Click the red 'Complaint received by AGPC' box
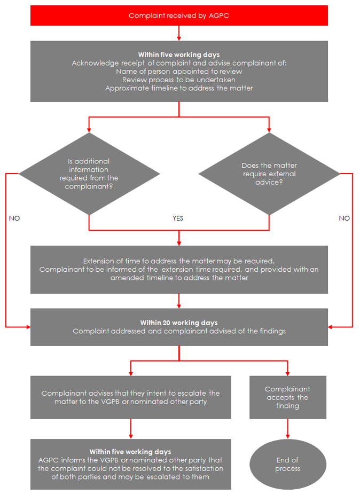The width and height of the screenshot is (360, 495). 179,15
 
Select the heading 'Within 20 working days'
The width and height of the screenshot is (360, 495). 179,323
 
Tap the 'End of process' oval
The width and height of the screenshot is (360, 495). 288,464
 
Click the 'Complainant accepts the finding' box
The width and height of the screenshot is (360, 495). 288,397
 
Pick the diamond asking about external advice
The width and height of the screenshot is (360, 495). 269,174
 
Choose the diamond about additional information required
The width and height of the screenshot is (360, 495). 89,174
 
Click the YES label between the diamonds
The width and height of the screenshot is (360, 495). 178,218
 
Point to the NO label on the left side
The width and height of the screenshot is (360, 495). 14,218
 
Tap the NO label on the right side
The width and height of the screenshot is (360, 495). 345,218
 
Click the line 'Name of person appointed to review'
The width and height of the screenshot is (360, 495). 179,71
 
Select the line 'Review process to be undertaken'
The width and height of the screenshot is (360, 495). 179,80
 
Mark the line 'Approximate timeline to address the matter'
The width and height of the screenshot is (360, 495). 179,88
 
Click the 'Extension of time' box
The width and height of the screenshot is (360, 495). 179,270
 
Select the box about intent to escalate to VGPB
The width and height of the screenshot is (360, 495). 131,397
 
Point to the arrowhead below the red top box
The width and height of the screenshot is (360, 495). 179,38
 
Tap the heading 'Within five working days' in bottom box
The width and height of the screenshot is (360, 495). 130,452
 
